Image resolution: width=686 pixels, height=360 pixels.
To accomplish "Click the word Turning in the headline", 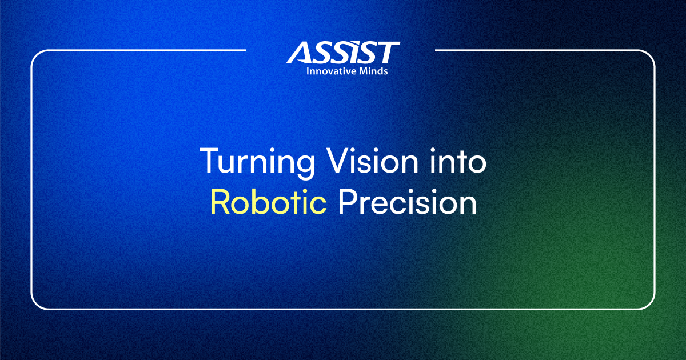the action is pos(257,162).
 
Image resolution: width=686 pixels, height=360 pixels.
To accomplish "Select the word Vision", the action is pos(372,160).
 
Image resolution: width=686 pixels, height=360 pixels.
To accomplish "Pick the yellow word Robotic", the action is pos(268,202).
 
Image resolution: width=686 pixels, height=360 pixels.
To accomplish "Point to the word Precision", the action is pos(407,202).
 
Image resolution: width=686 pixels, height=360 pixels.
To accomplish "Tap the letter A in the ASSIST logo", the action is pos(301,53).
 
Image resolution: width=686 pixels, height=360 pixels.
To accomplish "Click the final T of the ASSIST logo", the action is pos(386,53).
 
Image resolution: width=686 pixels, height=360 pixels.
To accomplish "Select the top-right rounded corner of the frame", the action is pos(651,54).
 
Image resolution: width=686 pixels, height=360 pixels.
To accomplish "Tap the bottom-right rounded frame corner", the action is pos(651,305).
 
